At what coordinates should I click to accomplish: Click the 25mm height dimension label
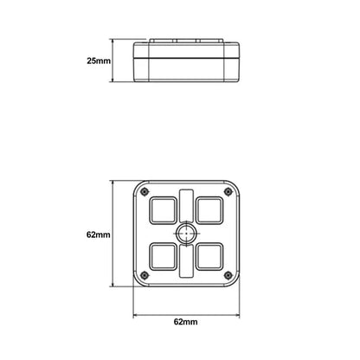(x=99, y=61)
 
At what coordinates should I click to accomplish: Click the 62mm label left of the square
(x=98, y=235)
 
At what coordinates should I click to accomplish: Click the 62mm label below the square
(x=185, y=321)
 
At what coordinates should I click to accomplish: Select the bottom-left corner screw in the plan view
(x=144, y=276)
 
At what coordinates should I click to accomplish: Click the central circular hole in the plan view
(x=186, y=234)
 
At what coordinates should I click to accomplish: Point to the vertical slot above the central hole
(x=186, y=204)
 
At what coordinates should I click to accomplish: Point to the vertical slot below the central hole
(x=186, y=263)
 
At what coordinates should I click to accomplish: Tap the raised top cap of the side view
(x=185, y=42)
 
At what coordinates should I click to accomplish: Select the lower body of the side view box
(x=185, y=68)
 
